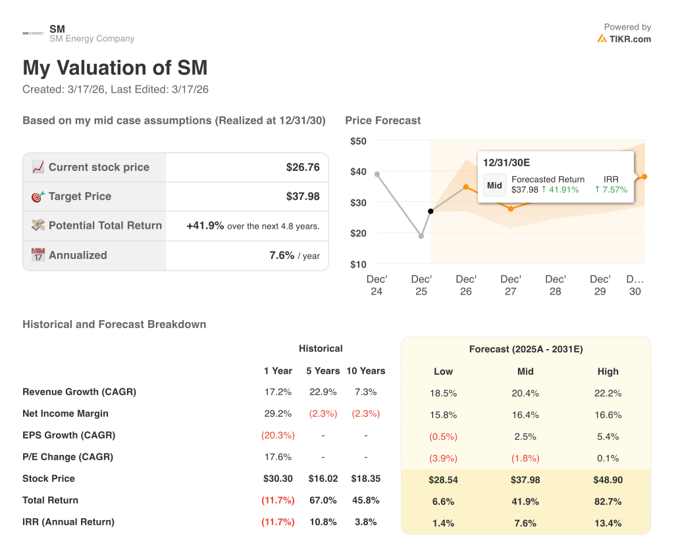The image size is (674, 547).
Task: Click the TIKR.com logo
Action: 623,39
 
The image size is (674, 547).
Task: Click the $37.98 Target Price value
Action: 303,196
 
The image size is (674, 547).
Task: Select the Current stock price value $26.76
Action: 303,167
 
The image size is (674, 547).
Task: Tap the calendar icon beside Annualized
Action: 38,255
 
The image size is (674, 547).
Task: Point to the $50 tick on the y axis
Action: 358,141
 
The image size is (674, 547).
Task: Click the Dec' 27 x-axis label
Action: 511,285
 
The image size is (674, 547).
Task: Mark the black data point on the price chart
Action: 430,211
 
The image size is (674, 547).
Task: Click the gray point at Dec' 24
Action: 376,174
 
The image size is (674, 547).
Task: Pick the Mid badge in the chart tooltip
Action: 494,185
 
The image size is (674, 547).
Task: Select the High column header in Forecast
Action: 608,371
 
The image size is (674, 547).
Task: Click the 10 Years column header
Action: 365,371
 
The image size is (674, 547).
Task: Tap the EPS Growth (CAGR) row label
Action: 68,435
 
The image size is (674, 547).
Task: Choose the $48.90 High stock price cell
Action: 608,480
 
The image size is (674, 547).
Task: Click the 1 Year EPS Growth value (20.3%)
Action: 278,435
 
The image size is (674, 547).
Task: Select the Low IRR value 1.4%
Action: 443,523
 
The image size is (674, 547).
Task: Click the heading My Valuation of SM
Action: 115,68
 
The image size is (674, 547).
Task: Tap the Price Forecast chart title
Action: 382,120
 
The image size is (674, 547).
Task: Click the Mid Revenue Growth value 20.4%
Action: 525,393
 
